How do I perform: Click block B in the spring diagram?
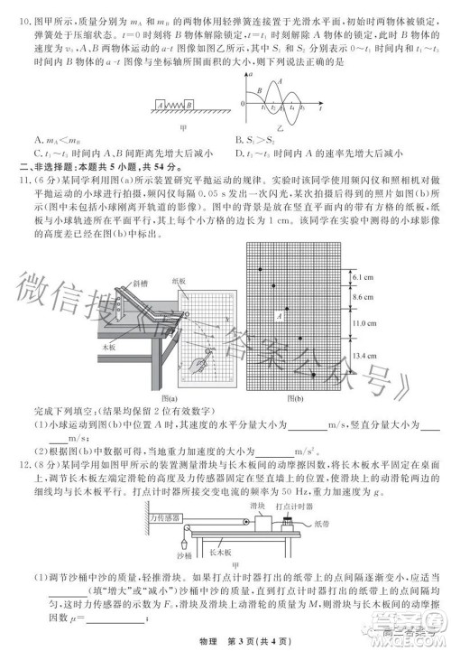click(x=192, y=105)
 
